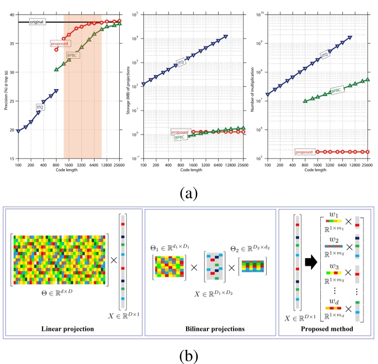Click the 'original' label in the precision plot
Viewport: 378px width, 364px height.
(36, 22)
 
